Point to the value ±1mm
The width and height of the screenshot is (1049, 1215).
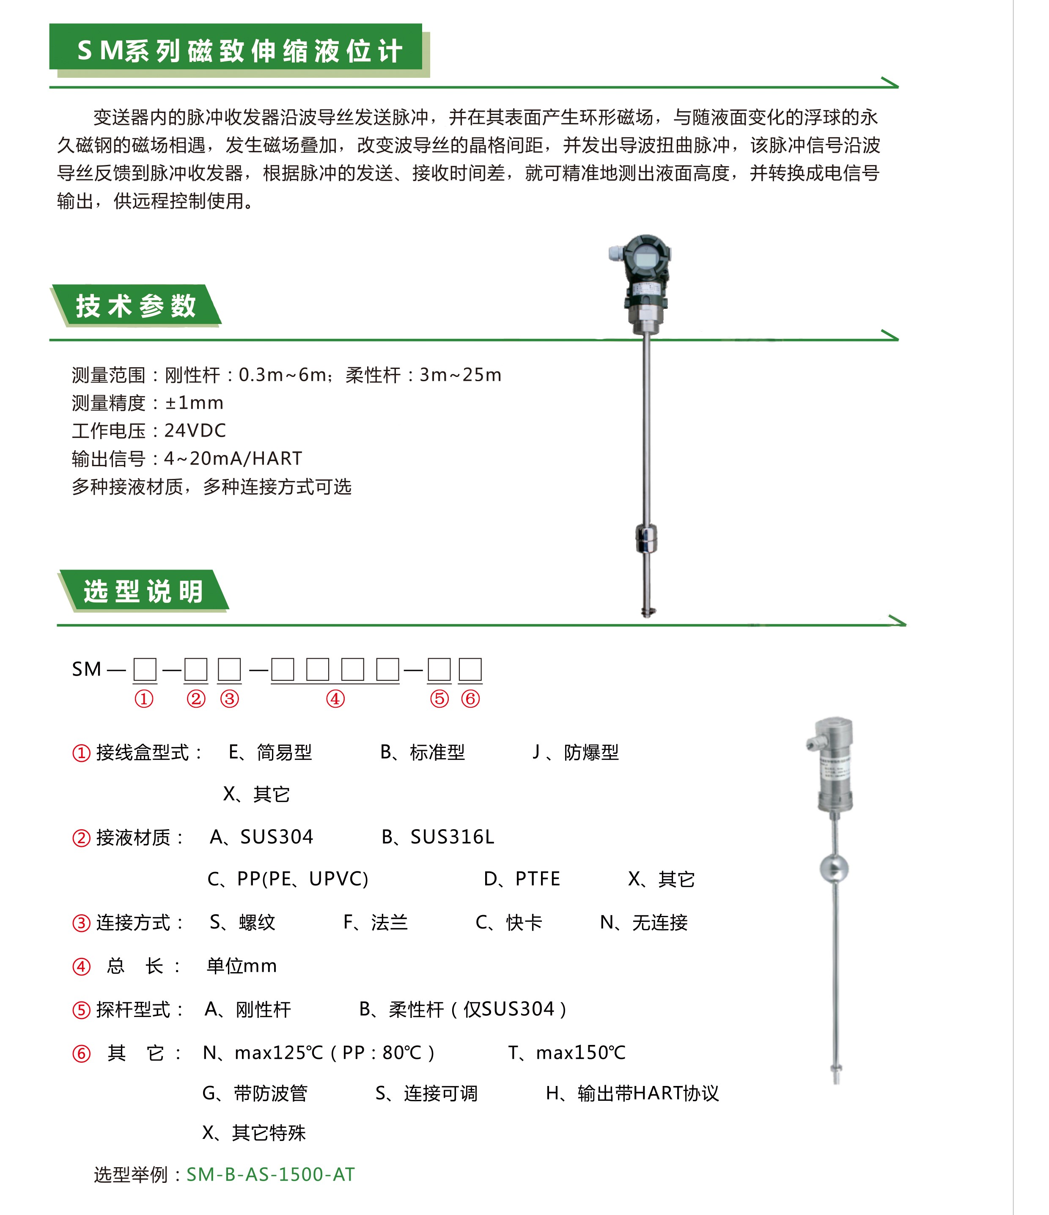pyautogui.click(x=194, y=403)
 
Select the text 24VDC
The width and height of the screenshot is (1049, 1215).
pyautogui.click(x=195, y=430)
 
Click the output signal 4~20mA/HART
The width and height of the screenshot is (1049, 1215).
pyautogui.click(x=233, y=459)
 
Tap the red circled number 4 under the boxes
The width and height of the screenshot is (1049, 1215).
pyautogui.click(x=335, y=699)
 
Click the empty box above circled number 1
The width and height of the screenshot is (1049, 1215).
pyautogui.click(x=145, y=669)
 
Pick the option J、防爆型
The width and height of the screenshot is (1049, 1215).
pyautogui.click(x=575, y=752)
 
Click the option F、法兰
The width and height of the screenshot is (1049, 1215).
pyautogui.click(x=375, y=922)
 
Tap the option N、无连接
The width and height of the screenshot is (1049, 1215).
pyautogui.click(x=643, y=922)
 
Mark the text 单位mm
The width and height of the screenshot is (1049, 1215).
pyautogui.click(x=241, y=966)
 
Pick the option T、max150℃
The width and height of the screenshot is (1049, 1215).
pyautogui.click(x=566, y=1053)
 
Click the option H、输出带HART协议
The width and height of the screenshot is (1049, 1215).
pyautogui.click(x=632, y=1093)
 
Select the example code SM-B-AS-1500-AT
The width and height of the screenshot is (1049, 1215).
pyautogui.click(x=270, y=1174)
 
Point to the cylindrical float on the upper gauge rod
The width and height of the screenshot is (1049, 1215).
pyautogui.click(x=646, y=538)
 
